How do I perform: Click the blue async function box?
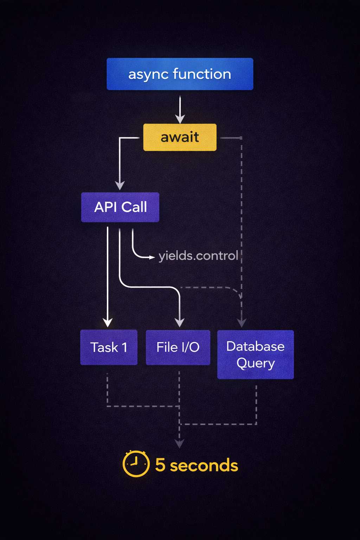pos(180,74)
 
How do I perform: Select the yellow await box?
pos(180,137)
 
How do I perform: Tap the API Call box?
pos(120,207)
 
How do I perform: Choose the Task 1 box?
pos(109,347)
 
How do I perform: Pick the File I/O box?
pos(178,347)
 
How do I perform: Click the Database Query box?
pos(256,354)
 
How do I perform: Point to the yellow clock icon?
pos(136,464)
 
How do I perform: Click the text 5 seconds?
pos(197,465)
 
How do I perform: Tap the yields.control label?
pos(198,256)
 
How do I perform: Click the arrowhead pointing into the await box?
pos(180,119)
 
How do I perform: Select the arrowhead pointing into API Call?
pos(120,186)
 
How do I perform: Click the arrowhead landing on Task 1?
pos(108,322)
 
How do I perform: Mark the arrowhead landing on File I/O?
pos(180,323)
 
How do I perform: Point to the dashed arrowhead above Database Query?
pos(242,323)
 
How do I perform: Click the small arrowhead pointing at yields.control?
pos(152,257)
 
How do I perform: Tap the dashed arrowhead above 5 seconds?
pos(179,444)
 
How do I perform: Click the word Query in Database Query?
pos(256,363)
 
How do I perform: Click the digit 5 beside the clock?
pos(160,465)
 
